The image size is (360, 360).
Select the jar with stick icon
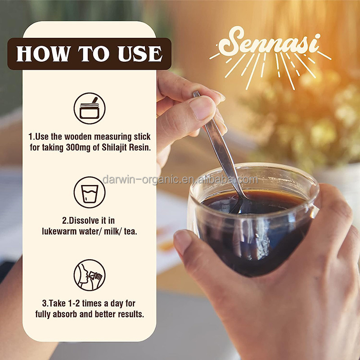click(x=90, y=108)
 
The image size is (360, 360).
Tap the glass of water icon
click(x=90, y=193)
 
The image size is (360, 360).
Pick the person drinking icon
click(x=90, y=275)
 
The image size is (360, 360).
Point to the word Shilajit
click(x=114, y=148)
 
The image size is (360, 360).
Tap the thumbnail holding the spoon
click(x=202, y=108)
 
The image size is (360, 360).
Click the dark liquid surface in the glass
click(x=252, y=200)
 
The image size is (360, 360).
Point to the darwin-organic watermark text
click(x=180, y=180)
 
